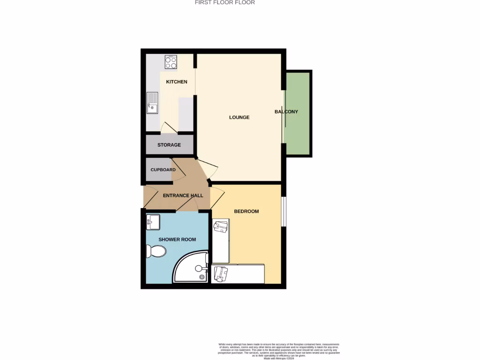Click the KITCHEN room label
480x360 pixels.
[177, 82]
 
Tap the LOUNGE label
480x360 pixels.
[239, 117]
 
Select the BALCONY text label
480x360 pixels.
[286, 112]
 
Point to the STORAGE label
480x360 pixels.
[169, 145]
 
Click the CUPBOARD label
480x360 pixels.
[163, 170]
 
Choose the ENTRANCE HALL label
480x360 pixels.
[183, 195]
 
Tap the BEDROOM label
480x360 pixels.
[246, 211]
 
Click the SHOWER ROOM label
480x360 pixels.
[177, 240]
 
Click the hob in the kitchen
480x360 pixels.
[171, 61]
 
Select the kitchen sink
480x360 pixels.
[152, 103]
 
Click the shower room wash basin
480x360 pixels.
[153, 222]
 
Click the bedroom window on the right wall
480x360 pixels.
[284, 211]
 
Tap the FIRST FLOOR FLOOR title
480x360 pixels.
[225, 3]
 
